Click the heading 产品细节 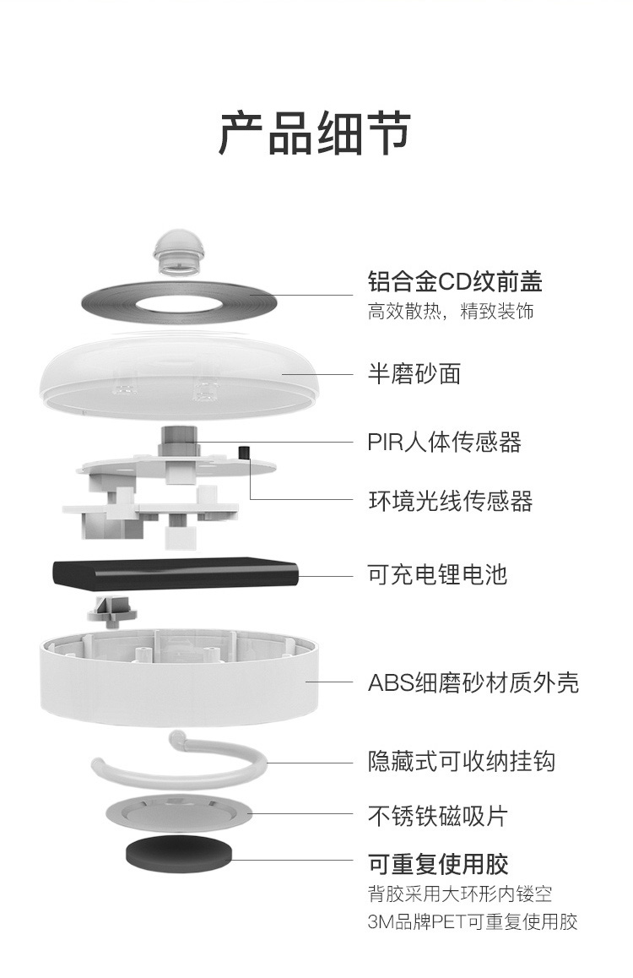(315, 133)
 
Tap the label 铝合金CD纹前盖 (454, 281)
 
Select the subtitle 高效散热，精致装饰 (451, 312)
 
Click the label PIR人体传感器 (444, 442)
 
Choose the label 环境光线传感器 (450, 501)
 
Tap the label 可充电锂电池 (437, 575)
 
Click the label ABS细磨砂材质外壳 (473, 682)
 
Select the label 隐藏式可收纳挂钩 (461, 762)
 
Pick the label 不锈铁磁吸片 (437, 816)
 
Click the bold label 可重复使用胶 (438, 864)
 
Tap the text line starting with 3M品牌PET (473, 921)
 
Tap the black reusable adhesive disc (178, 854)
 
